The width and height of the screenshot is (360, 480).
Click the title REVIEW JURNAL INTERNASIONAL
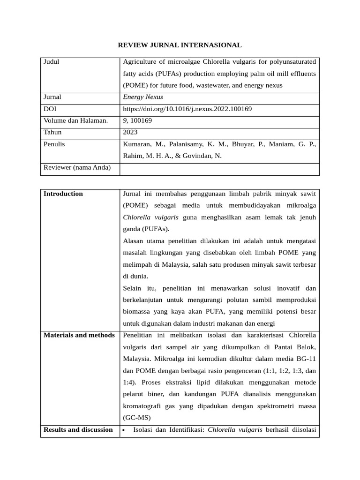(180, 45)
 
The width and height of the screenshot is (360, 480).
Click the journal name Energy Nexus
(143, 97)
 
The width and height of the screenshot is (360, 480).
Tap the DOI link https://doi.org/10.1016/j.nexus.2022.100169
(187, 109)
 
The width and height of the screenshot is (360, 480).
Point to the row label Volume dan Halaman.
(75, 120)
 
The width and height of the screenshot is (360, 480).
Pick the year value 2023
(130, 132)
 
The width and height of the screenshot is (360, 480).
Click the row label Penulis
(54, 144)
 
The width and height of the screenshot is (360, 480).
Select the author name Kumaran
(137, 144)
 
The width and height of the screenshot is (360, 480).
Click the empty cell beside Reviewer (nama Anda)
(219, 169)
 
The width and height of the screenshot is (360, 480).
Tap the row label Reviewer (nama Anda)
(77, 167)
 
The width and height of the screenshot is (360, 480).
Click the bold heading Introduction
(63, 194)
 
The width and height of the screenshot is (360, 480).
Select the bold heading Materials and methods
(79, 335)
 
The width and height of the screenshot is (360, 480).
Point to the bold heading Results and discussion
(78, 429)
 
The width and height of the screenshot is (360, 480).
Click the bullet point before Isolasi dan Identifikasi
(124, 430)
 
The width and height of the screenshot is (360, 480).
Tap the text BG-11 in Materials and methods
(307, 359)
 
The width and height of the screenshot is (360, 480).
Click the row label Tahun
(52, 132)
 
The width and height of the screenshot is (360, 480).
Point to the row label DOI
(50, 109)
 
